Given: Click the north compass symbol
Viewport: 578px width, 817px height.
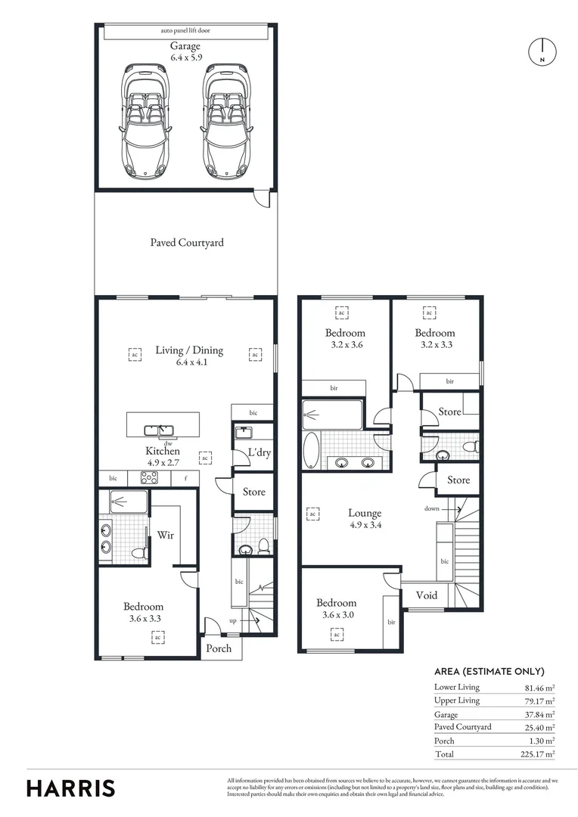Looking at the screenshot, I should (542, 51).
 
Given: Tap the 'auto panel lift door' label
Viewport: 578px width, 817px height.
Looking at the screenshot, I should (185, 31).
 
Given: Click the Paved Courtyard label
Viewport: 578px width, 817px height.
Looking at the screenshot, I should (186, 243).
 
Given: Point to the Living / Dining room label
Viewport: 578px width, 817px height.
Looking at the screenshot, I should (189, 349).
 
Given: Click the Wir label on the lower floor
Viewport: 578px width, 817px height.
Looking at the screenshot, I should (166, 535).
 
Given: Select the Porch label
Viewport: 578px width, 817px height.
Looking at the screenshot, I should (219, 648).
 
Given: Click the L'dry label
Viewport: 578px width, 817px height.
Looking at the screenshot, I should (259, 454).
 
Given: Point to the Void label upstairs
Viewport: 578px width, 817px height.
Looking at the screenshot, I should (427, 595).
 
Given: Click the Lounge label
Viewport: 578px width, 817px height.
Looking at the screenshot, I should (365, 513).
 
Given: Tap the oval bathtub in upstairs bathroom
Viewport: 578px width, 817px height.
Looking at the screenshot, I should (312, 451).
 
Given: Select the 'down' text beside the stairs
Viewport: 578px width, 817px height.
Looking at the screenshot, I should (431, 509).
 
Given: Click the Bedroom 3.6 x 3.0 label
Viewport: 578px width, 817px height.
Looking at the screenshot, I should (336, 603).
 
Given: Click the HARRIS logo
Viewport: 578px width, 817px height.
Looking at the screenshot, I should (71, 788).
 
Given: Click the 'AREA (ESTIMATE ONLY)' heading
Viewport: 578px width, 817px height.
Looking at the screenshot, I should (489, 671).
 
